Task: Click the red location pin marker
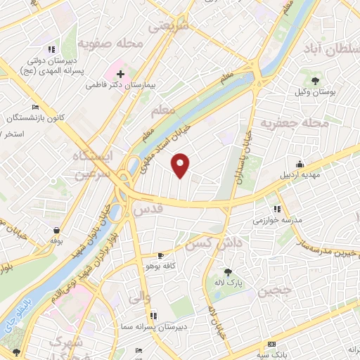(x=181, y=166)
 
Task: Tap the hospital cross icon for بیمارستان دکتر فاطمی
(x=121, y=73)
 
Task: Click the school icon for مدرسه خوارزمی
(x=278, y=209)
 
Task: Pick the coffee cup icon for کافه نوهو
(x=162, y=255)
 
